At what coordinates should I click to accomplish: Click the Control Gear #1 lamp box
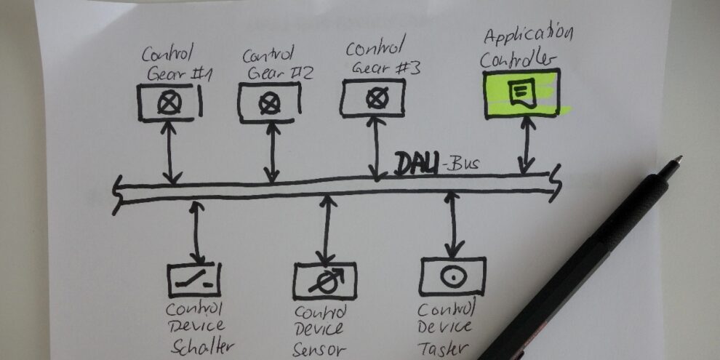169,103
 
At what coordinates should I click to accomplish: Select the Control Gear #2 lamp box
269,103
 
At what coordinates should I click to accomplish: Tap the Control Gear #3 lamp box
372,97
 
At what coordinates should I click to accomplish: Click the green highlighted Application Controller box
521,92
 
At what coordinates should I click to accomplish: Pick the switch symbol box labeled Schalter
194,279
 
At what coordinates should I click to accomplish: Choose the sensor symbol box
325,281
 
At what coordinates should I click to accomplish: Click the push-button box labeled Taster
452,276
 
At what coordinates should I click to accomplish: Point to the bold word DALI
416,164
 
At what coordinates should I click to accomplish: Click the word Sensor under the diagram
321,349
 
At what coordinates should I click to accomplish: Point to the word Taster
443,348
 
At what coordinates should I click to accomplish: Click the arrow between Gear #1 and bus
171,152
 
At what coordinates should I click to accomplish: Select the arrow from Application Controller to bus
526,145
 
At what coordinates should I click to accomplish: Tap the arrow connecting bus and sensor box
327,229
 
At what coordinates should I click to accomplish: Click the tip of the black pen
679,159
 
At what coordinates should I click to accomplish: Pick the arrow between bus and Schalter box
196,233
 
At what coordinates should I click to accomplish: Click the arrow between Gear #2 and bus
272,153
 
